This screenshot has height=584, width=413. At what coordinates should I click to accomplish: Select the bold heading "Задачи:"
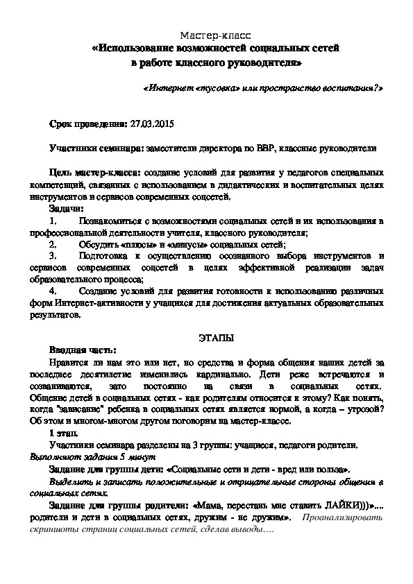coord(67,208)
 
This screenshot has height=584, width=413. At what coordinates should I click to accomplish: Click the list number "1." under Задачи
coord(54,221)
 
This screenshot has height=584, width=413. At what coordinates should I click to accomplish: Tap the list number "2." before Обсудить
coord(54,244)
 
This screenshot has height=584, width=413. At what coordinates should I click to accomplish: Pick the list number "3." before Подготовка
coord(54,256)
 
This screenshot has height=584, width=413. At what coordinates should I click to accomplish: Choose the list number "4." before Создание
coord(54,292)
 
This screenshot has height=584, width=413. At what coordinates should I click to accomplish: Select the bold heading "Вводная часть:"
coord(83,351)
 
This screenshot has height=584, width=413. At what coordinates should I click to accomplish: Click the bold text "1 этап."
coord(68,433)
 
